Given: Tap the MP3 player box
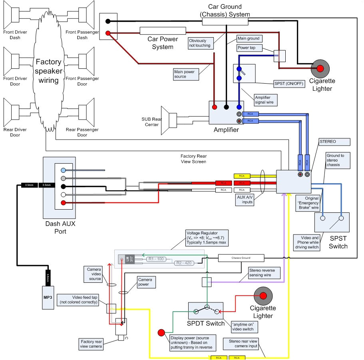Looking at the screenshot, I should (48, 297).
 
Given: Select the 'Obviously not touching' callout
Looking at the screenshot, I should (200, 43).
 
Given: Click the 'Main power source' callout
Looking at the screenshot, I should (185, 74).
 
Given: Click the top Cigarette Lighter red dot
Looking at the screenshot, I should (320, 69).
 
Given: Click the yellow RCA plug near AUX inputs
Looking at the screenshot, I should (242, 176).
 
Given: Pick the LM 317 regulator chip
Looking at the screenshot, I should (125, 259).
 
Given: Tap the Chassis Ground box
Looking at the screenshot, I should (241, 258).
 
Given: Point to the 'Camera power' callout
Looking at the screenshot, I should (146, 282).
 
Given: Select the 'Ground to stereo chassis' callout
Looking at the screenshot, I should (338, 160).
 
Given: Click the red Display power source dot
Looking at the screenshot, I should (161, 333).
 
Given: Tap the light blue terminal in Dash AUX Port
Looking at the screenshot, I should (63, 170).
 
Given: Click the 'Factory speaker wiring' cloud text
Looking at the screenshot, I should (49, 71).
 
